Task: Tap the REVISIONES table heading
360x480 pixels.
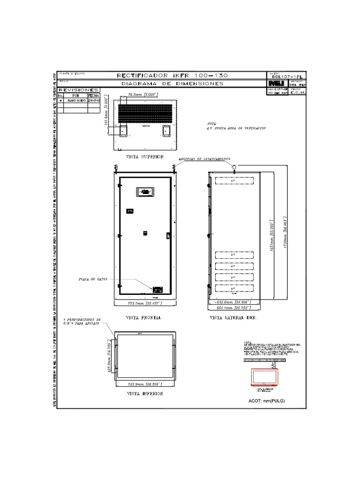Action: (78, 90)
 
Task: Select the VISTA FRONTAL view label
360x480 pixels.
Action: (144, 318)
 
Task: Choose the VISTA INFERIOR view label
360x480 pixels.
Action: (145, 394)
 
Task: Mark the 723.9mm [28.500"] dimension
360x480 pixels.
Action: (145, 384)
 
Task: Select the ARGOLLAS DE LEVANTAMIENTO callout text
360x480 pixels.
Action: (203, 159)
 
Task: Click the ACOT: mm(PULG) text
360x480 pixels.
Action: (266, 401)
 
